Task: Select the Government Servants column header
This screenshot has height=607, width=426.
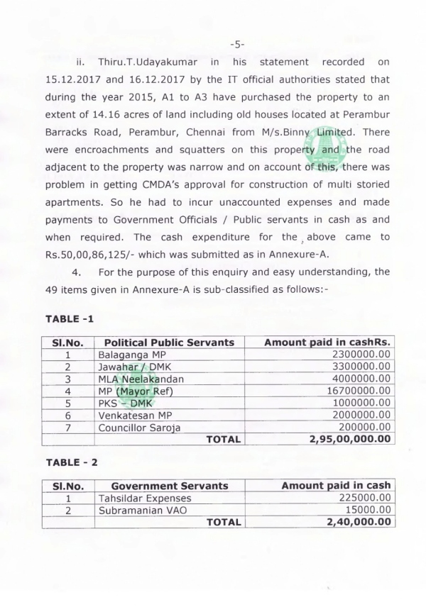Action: click(170, 485)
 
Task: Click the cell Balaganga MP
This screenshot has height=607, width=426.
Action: click(129, 354)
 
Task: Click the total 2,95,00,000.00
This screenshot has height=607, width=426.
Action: click(350, 439)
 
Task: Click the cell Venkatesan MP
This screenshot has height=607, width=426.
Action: click(133, 414)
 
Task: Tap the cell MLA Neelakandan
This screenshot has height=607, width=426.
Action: click(141, 378)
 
